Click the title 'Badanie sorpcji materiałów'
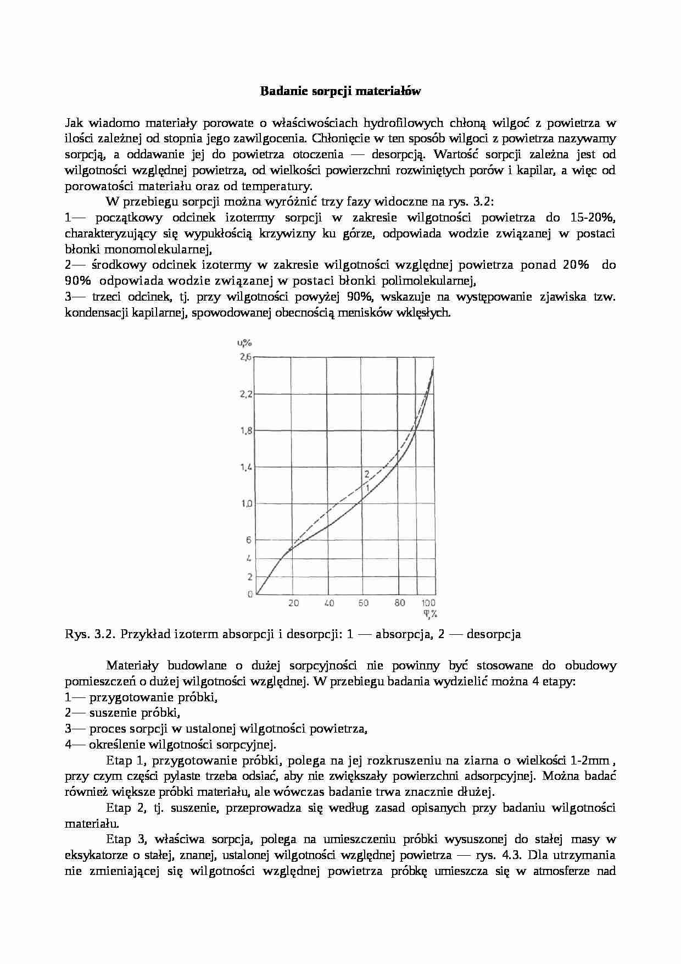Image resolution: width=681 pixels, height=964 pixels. tap(340, 91)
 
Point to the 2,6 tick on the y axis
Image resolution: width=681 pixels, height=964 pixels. tap(245, 357)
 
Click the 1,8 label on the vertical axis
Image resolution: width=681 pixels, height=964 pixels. tap(245, 430)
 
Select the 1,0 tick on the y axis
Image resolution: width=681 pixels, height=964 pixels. tap(245, 503)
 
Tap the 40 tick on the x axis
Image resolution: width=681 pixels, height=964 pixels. tap(329, 603)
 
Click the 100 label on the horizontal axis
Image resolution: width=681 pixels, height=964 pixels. tap(428, 603)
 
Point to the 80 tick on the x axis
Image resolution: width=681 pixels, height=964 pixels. tap(400, 603)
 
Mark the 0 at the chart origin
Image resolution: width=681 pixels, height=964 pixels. tap(250, 594)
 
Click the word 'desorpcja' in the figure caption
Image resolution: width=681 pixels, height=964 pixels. tap(493, 634)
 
